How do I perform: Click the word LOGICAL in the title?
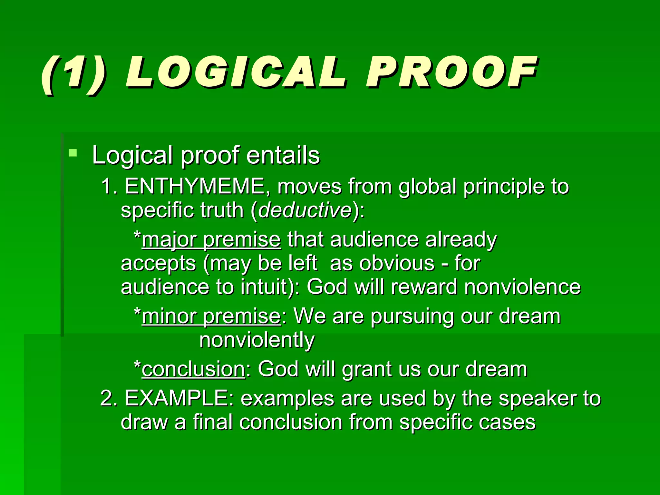point(235,73)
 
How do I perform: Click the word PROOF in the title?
point(451,73)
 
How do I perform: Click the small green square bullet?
point(73,153)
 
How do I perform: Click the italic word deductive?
point(305,210)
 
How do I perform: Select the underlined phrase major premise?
point(211,240)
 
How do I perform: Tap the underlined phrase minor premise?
point(211,316)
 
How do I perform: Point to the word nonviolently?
point(257,340)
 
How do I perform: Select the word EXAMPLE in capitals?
point(179,398)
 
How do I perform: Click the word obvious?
point(397,264)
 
